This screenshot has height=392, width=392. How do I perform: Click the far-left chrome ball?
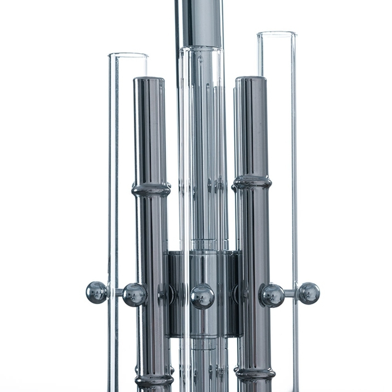[x=96, y=292]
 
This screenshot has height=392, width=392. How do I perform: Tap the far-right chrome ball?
[x=309, y=293]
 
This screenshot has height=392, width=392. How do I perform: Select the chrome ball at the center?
[x=202, y=296]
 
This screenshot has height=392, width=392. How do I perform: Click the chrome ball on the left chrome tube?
[x=134, y=295]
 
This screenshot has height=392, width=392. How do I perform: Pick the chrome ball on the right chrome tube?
[x=272, y=295]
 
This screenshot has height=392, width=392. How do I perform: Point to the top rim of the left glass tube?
[x=128, y=54]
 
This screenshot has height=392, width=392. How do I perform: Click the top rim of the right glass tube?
[x=276, y=33]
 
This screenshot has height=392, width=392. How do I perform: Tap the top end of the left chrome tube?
[x=149, y=79]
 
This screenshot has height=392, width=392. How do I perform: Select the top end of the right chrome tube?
[x=251, y=78]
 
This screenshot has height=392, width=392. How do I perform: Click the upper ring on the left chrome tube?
[x=151, y=190]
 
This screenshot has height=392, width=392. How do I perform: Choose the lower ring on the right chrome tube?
[x=256, y=374]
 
